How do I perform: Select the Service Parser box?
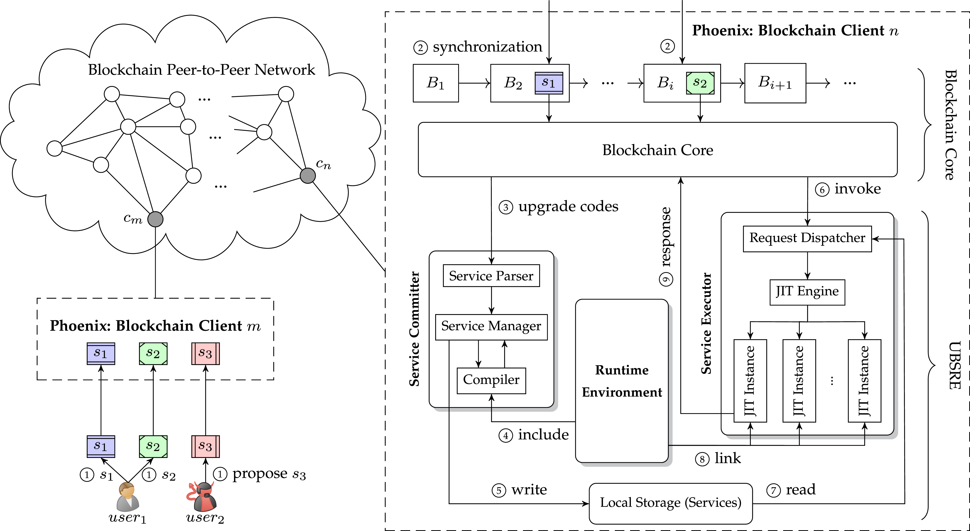pyautogui.click(x=491, y=276)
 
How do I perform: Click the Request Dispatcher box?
pyautogui.click(x=807, y=238)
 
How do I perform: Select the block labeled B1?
pyautogui.click(x=436, y=83)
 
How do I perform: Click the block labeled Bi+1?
pyautogui.click(x=775, y=83)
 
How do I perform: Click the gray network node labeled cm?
pyautogui.click(x=155, y=219)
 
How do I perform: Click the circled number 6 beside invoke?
pyautogui.click(x=822, y=189)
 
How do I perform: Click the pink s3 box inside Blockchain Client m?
pyautogui.click(x=205, y=353)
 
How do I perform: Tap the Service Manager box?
pyautogui.click(x=491, y=326)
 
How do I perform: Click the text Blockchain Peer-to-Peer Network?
pyautogui.click(x=201, y=70)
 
